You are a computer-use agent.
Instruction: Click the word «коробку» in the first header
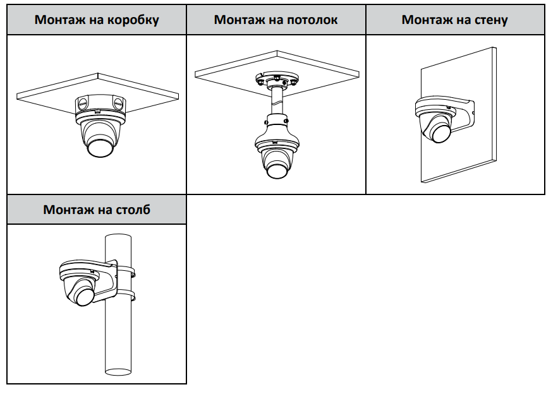point(133,20)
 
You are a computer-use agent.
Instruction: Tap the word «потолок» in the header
point(312,20)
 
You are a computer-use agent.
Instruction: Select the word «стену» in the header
point(490,20)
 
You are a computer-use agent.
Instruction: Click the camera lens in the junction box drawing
point(99,147)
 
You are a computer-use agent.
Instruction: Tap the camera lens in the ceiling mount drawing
point(276,170)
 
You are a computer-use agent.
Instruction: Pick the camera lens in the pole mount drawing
point(84,296)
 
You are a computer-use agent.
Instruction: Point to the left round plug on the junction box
point(82,104)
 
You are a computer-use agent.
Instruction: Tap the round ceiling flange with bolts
point(277,80)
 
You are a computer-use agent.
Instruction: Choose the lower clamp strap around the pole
point(126,296)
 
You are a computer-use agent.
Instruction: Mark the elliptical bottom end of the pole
point(118,372)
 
